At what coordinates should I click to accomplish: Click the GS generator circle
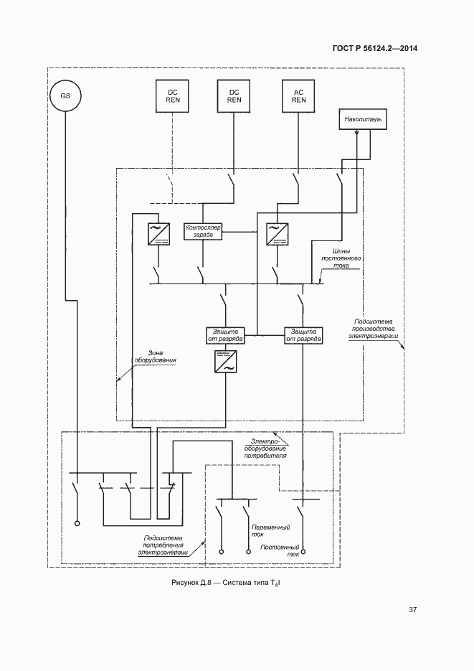pos(65,95)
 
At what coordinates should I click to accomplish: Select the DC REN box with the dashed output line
pos(173,96)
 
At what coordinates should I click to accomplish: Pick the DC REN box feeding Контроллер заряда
pos(234,96)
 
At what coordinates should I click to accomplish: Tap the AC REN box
pos(299,96)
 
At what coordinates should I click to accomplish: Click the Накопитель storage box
pos(364,119)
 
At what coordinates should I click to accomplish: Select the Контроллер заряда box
pos(204,231)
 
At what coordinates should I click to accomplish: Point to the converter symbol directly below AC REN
pos(275,234)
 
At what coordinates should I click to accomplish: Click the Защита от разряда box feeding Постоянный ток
pos(303,335)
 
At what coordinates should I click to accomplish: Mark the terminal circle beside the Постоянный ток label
pos(303,553)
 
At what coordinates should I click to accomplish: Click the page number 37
pos(412,610)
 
